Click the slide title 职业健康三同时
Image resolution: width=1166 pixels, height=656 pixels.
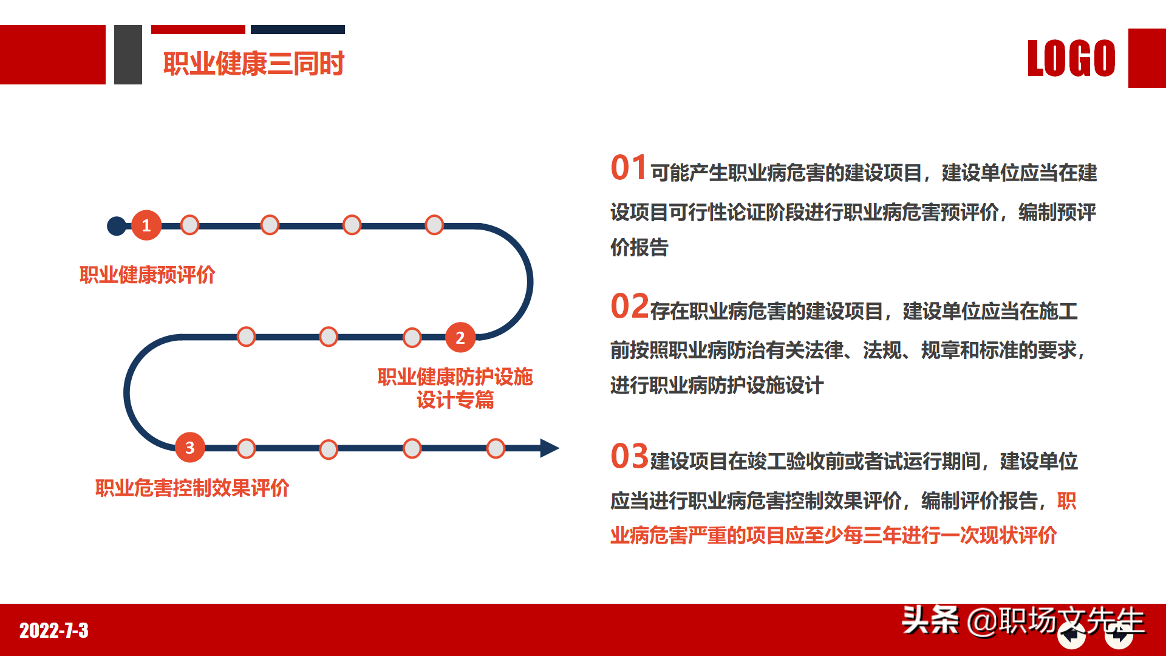254,64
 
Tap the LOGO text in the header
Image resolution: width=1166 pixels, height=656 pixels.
1071,59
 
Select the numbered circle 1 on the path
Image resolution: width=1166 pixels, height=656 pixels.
146,225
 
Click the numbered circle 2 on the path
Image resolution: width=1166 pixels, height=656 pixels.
460,338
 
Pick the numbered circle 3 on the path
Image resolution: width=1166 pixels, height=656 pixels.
189,448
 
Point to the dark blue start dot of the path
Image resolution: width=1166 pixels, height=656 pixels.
116,226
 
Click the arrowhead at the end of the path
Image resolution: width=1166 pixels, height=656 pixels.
549,448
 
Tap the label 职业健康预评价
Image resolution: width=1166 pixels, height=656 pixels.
148,275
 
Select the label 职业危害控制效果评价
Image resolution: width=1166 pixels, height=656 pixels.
192,488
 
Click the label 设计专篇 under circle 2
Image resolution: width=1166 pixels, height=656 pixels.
455,400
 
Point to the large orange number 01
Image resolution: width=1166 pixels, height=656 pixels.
629,168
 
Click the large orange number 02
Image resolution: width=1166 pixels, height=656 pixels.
630,306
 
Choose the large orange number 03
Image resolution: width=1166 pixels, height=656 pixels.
630,456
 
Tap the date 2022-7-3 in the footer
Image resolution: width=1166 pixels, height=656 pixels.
54,630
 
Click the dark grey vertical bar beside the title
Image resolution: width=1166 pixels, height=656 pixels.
128,55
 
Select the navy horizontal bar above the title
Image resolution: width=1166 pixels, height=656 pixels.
298,29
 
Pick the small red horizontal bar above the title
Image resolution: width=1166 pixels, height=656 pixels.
198,29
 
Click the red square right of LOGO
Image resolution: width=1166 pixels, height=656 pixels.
1147,58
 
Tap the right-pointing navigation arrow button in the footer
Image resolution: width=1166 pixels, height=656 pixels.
1119,636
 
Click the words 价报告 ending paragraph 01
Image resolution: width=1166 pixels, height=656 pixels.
639,248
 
